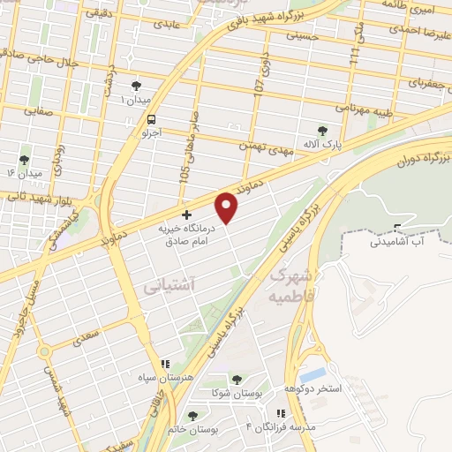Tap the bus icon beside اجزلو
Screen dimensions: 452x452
(153, 119)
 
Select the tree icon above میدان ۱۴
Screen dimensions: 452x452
(24, 160)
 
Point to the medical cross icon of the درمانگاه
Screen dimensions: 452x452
(185, 215)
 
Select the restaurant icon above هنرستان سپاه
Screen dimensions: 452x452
(163, 364)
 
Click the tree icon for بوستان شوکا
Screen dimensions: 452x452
(235, 380)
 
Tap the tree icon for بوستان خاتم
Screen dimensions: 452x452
(192, 416)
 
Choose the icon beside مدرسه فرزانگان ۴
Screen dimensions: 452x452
(280, 413)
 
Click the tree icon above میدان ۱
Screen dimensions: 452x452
(135, 86)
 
